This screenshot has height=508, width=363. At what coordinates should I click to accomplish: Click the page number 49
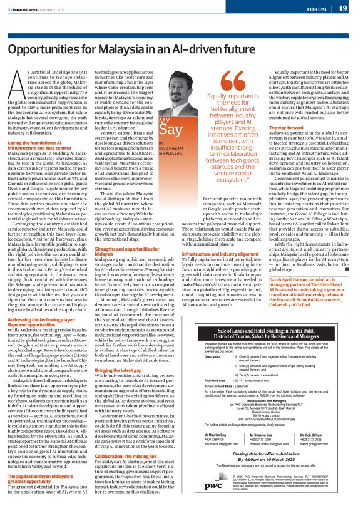click(344, 8)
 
